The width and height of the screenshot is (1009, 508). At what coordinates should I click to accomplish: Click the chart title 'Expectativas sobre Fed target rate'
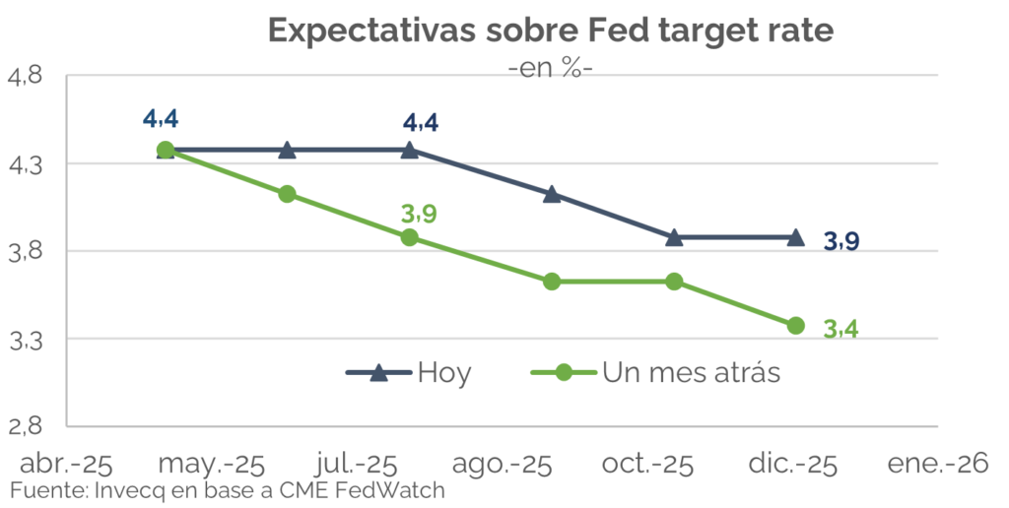[x=551, y=31]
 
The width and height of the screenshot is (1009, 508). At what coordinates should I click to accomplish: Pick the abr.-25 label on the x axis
[x=67, y=464]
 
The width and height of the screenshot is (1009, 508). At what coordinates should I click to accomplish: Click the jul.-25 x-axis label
[x=358, y=464]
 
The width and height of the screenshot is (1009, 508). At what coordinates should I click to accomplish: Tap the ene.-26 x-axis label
[x=937, y=464]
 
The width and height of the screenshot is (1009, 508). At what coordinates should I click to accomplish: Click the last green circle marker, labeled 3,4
[x=795, y=326]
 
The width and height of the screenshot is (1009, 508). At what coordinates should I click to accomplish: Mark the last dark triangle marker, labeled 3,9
[x=795, y=237]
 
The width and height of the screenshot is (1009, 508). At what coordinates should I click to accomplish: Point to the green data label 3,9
[x=419, y=214]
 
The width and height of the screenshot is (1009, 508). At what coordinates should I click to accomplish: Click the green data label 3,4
[x=841, y=330]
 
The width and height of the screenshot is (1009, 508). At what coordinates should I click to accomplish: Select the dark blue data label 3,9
[x=841, y=241]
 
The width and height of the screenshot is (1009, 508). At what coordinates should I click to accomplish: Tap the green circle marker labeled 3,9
[x=410, y=237]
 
